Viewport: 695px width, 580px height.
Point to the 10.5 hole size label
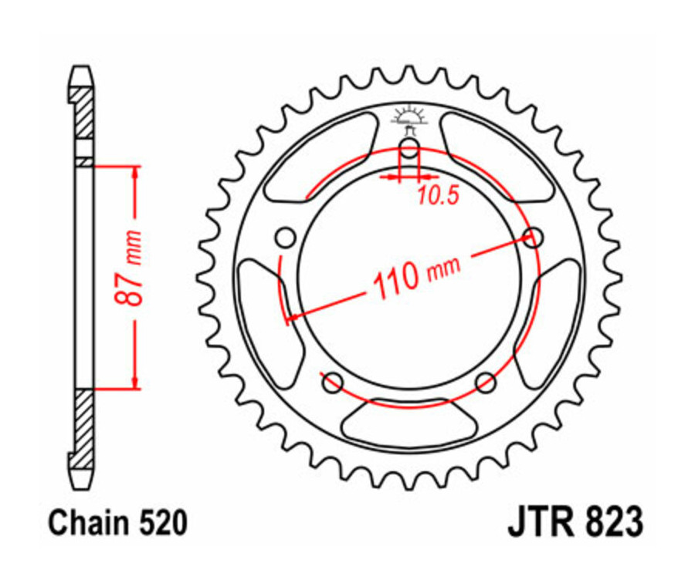pyautogui.click(x=438, y=196)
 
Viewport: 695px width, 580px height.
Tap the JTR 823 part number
pyautogui.click(x=575, y=523)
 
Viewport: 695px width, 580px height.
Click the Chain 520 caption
pyautogui.click(x=118, y=524)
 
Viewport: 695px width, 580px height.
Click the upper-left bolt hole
pyautogui.click(x=286, y=236)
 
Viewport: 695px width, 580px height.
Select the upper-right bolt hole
pyautogui.click(x=532, y=237)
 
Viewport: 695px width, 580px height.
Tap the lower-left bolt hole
pyautogui.click(x=333, y=380)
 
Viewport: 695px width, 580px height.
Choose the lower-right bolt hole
pyautogui.click(x=485, y=381)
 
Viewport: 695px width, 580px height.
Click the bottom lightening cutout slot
pyautogui.click(x=409, y=423)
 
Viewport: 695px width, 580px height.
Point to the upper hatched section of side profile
pyautogui.click(x=83, y=113)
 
